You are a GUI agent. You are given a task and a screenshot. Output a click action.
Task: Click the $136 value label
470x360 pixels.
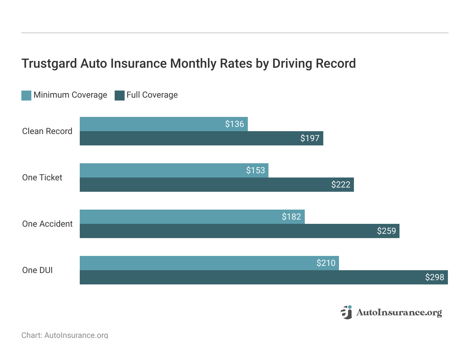234,124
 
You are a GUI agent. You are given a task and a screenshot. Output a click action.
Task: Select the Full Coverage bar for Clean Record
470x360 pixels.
201,138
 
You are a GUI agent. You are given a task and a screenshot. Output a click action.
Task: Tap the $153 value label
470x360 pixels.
255,170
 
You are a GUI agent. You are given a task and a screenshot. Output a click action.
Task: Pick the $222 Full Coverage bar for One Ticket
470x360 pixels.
216,185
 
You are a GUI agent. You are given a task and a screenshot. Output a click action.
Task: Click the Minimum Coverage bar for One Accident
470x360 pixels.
192,217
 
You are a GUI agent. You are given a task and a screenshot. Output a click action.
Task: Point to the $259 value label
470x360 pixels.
386,231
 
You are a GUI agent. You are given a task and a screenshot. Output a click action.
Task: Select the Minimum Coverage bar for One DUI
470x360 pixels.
209,263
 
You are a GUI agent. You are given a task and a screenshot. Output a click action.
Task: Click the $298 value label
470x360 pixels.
434,277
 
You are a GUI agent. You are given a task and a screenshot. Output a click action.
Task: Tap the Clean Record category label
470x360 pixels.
47,131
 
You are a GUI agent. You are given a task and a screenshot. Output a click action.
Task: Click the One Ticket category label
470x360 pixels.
42,178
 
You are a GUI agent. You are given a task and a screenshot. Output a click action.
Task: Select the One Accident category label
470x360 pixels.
47,224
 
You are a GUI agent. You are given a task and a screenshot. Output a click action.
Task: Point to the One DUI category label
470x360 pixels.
37,270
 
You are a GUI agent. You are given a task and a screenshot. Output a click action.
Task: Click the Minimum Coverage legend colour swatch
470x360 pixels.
26,95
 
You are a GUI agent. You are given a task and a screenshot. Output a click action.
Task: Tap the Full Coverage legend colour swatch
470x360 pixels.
120,95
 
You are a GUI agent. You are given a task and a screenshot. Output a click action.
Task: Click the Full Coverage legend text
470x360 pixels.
152,95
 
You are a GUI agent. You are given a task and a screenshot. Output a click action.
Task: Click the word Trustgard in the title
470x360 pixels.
49,63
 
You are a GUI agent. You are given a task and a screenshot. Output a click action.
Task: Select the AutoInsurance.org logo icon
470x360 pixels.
346,312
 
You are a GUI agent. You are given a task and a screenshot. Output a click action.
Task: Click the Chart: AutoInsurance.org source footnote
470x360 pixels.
65,335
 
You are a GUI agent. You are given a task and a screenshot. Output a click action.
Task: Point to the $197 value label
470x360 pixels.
310,138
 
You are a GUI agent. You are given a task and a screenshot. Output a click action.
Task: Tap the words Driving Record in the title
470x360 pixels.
314,63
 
